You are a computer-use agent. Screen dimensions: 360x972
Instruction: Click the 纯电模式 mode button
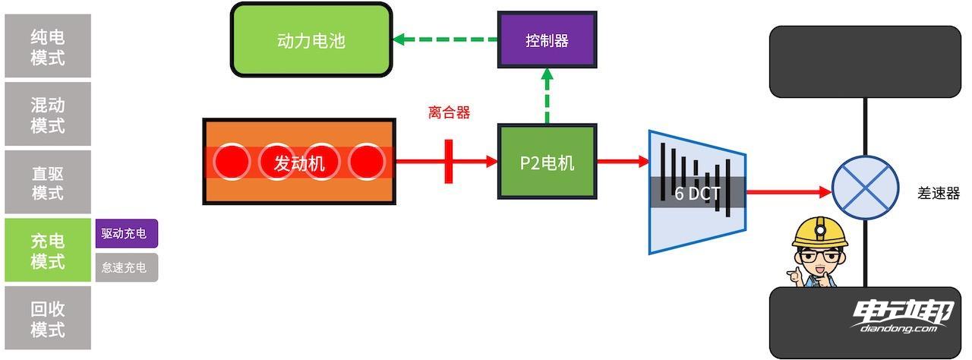point(48,46)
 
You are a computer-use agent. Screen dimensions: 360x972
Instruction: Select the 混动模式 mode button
point(48,114)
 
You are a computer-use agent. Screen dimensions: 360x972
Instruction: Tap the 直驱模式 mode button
point(48,182)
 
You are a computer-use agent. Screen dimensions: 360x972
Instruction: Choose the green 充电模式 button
point(48,251)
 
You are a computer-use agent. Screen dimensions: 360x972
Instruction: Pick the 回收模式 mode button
point(48,318)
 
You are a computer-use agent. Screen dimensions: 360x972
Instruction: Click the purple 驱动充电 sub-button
point(127,233)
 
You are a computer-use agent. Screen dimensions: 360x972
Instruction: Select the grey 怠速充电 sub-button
point(127,267)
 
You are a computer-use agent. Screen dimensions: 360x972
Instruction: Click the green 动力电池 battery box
point(311,39)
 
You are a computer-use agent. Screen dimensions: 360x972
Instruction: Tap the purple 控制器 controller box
point(547,40)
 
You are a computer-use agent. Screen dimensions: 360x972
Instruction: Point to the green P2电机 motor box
point(547,162)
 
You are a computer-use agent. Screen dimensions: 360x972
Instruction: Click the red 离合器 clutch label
point(449,113)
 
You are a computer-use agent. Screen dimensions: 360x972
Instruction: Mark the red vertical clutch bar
point(449,161)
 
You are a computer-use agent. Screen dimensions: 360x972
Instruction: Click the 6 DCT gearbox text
point(697,193)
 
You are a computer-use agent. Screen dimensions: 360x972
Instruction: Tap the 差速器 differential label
point(939,193)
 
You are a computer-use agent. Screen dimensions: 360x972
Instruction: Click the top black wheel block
point(865,62)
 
